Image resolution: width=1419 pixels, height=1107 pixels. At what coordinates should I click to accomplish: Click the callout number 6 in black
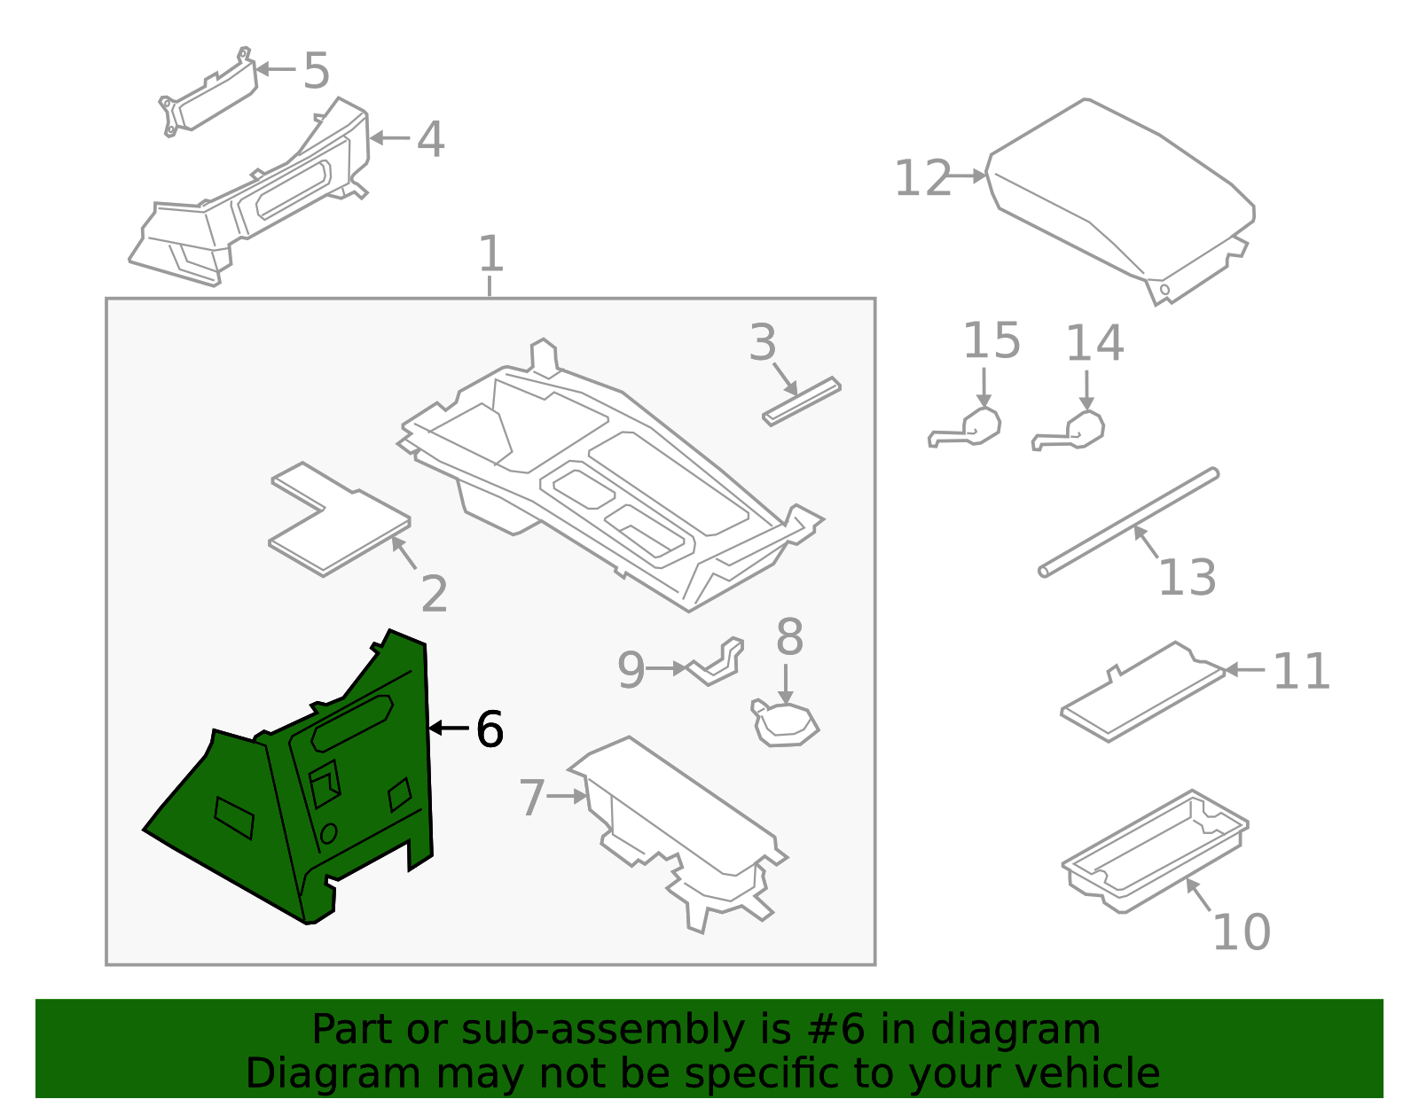coord(490,729)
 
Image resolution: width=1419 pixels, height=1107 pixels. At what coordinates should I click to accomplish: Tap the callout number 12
coord(922,178)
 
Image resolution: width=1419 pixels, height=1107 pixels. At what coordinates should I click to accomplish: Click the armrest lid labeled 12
coord(1117,195)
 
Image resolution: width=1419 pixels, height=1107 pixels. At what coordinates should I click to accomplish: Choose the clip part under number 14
coord(1078,432)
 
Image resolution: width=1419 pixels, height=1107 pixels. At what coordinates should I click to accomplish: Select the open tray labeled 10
coord(1153,851)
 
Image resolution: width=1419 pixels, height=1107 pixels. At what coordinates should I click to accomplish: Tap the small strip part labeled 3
coord(801,401)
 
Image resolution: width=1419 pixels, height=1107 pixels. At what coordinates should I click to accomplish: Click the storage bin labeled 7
coord(683,824)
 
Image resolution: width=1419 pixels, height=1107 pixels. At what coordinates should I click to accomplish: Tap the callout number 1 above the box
coord(490,254)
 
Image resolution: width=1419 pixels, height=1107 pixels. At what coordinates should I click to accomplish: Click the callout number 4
coord(430,140)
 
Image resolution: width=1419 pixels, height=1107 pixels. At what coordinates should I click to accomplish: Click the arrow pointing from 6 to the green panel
coord(449,729)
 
